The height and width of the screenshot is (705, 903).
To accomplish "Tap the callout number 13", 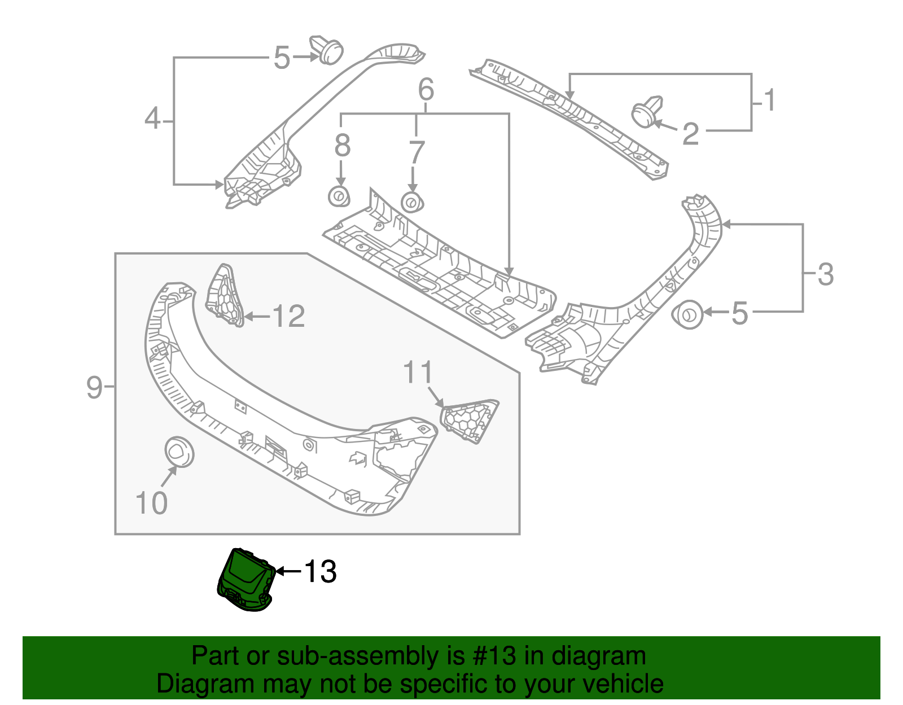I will (x=320, y=571).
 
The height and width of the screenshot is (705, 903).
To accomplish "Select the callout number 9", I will (x=94, y=387).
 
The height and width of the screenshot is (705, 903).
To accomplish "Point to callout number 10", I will (x=151, y=502).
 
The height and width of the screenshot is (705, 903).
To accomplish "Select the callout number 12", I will (x=288, y=316).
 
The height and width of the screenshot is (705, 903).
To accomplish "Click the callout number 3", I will (x=825, y=274).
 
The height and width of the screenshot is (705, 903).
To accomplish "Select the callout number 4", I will (x=152, y=119).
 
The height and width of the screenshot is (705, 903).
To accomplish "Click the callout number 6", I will (x=426, y=89).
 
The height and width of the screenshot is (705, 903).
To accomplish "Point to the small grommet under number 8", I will (x=339, y=197).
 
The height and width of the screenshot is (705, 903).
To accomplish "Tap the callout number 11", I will (x=418, y=373).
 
